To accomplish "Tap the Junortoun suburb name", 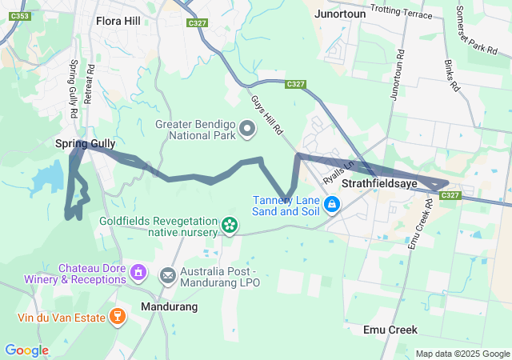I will pyautogui.click(x=340, y=14).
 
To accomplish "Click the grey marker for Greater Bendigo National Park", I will pyautogui.click(x=247, y=128).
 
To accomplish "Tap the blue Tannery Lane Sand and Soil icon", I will pyautogui.click(x=332, y=206).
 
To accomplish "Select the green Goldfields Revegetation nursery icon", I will pyautogui.click(x=230, y=226).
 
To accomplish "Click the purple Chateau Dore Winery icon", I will pyautogui.click(x=138, y=274).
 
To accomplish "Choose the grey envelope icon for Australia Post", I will pyautogui.click(x=168, y=277).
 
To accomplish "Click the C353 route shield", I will pyautogui.click(x=22, y=16).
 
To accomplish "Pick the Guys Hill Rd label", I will pyautogui.click(x=267, y=114).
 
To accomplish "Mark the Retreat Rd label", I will pyautogui.click(x=88, y=80).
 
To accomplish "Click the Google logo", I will pyautogui.click(x=26, y=350).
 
